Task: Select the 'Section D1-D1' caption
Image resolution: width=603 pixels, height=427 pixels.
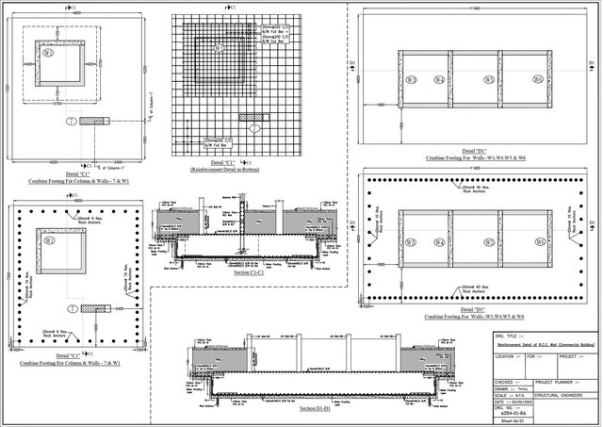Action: [318, 409]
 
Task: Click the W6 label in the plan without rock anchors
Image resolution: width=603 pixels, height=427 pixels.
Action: [537, 81]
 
